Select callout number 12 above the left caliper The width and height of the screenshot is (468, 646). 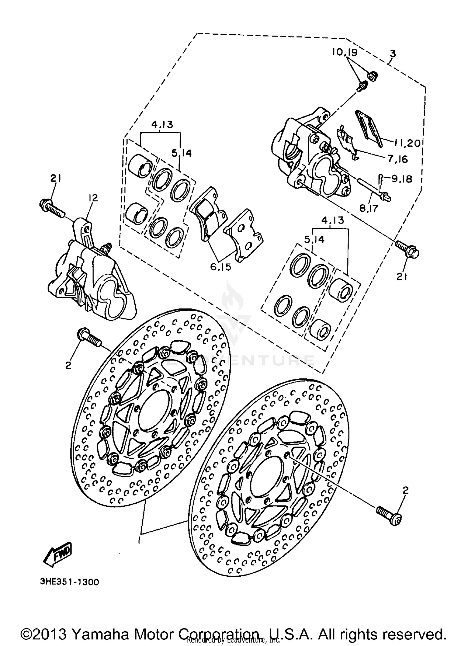[93, 198]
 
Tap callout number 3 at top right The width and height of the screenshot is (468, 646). [392, 53]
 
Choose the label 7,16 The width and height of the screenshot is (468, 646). [397, 159]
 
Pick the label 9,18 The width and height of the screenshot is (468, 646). [401, 179]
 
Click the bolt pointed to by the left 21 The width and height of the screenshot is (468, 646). [52, 208]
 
